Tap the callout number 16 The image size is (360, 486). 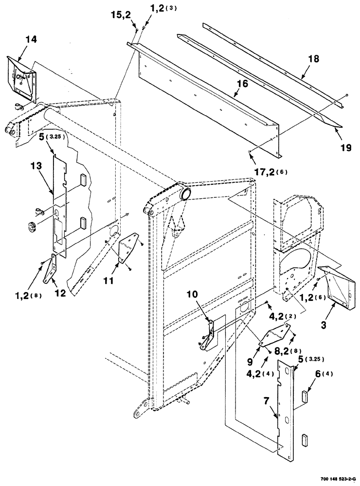(242, 84)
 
